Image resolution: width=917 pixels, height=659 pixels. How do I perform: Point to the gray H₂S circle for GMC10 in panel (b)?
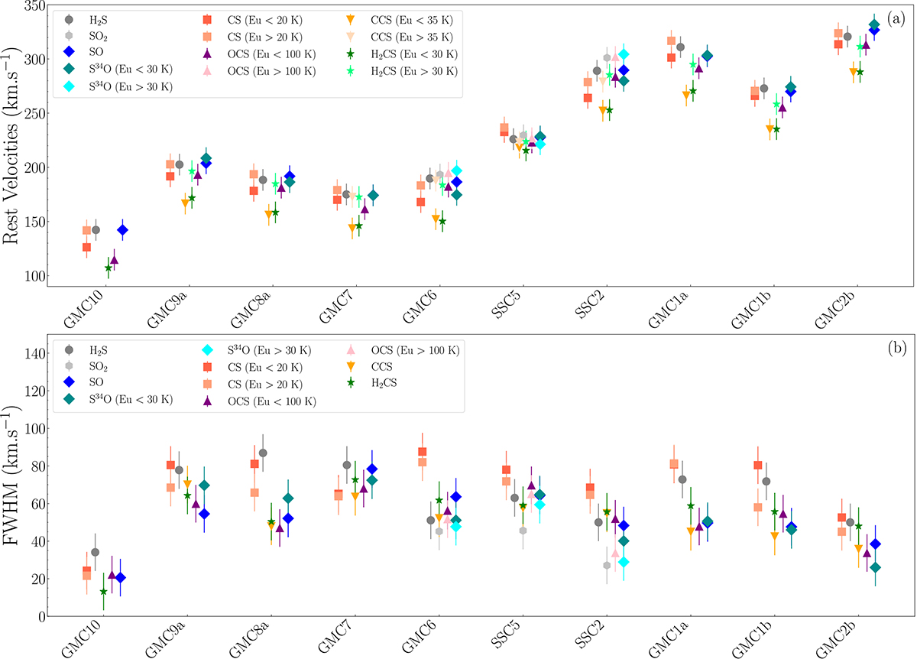[x=95, y=552]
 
